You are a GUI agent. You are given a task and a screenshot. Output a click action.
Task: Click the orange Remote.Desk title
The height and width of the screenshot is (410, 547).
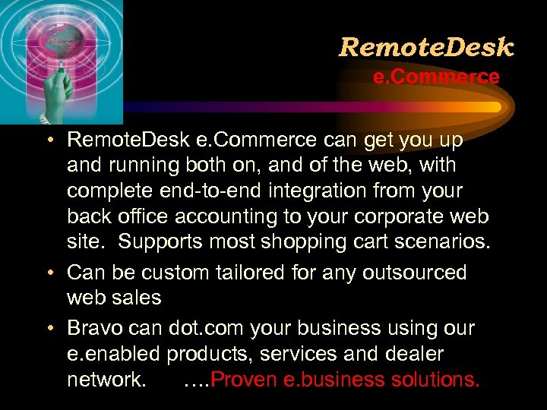[426, 48]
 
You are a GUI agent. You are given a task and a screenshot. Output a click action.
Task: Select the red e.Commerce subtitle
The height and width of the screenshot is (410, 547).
[436, 77]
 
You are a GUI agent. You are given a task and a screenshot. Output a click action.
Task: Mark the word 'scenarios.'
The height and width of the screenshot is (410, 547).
[440, 243]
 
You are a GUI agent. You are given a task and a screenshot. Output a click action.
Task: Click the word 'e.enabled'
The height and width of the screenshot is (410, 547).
[113, 354]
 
